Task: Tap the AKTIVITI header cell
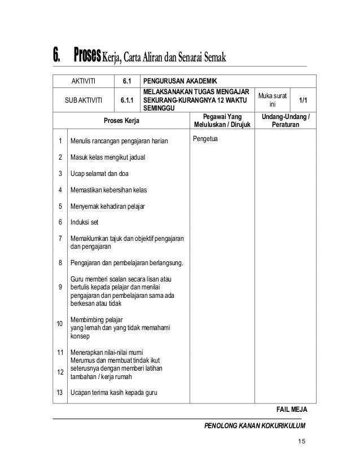tap(84, 82)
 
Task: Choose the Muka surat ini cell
tap(273, 100)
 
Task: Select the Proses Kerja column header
tap(122, 121)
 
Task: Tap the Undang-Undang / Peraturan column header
tap(286, 121)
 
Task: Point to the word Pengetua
tap(206, 138)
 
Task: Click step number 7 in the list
tap(60, 238)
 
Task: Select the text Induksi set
tap(84, 222)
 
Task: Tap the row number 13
tap(60, 392)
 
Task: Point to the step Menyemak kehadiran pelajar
tap(107, 206)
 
